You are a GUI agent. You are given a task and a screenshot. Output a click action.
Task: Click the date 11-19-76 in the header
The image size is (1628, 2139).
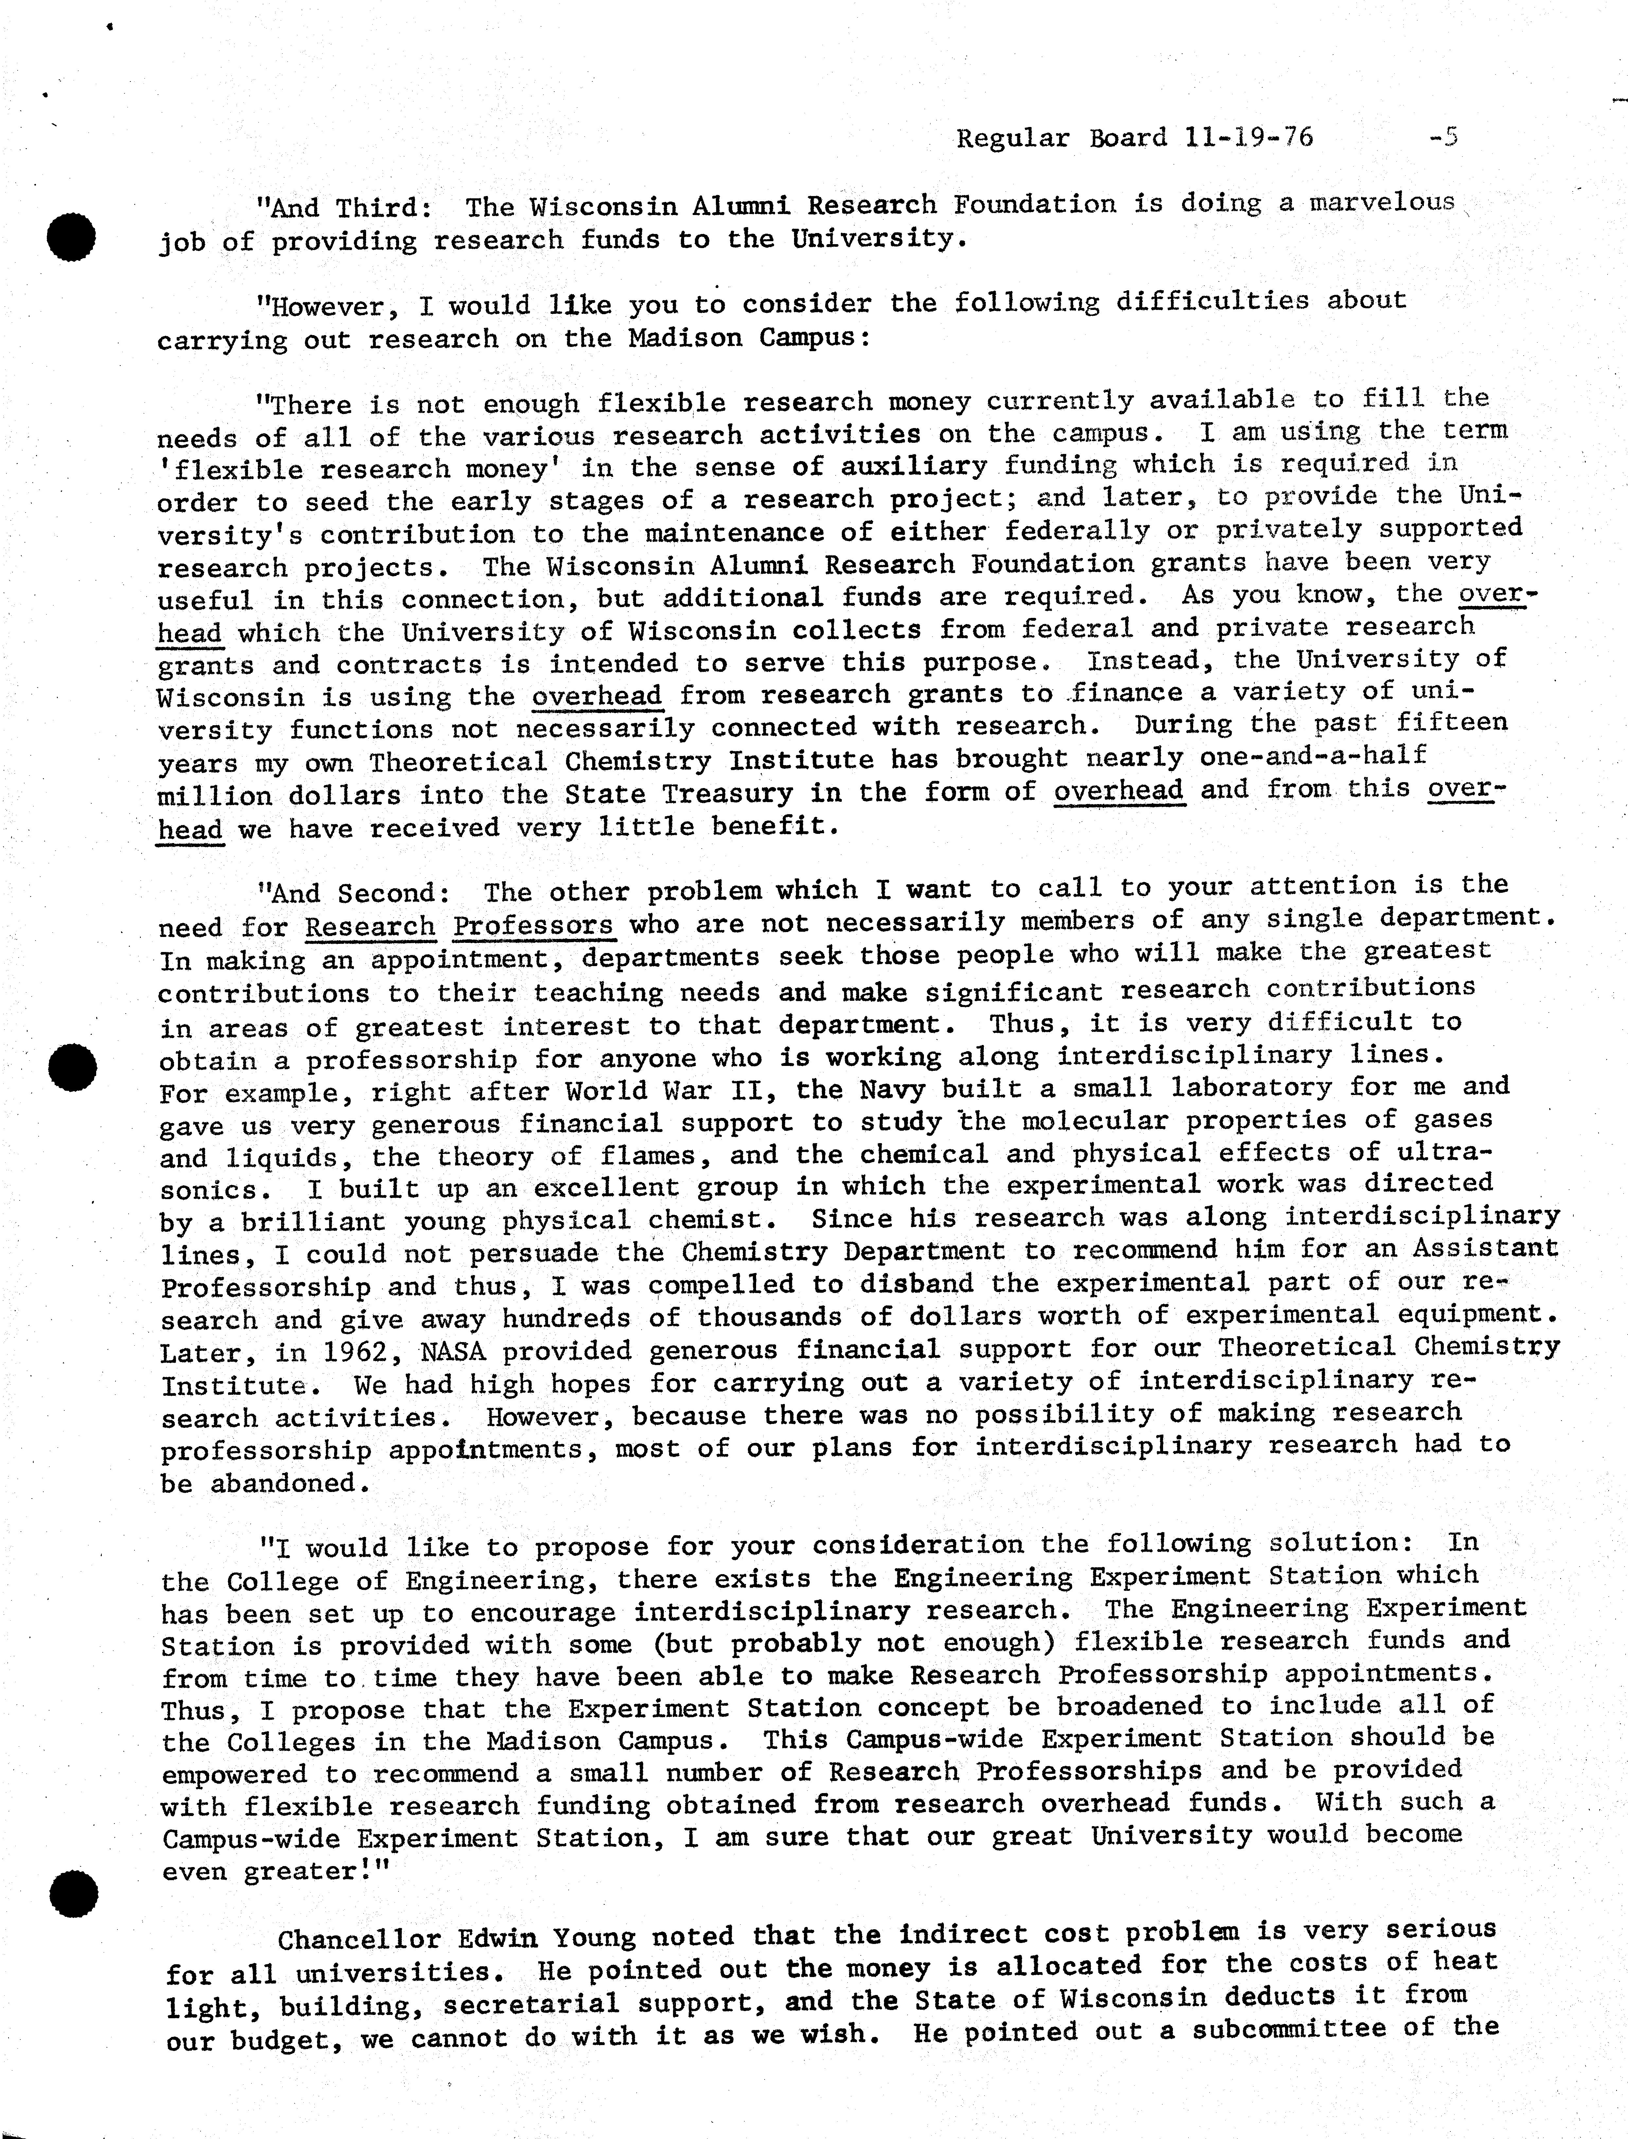(1248, 138)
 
